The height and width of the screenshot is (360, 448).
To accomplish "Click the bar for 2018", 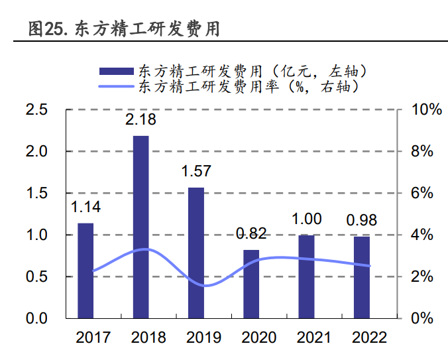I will pyautogui.click(x=141, y=227).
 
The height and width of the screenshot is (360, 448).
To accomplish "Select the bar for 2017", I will pyautogui.click(x=85, y=270).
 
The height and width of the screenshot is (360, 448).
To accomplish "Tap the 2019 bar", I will pyautogui.click(x=196, y=252).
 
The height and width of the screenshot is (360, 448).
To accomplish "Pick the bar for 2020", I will pyautogui.click(x=252, y=284).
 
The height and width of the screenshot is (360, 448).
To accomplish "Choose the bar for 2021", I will pyautogui.click(x=306, y=276).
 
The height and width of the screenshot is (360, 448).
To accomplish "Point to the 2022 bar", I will pyautogui.click(x=361, y=277).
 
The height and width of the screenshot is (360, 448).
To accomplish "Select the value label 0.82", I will pyautogui.click(x=252, y=233).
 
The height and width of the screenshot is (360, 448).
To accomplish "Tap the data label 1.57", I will pyautogui.click(x=196, y=171).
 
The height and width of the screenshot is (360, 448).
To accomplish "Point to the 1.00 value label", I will pyautogui.click(x=306, y=219).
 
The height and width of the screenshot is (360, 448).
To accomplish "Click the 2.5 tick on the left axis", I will pyautogui.click(x=37, y=110).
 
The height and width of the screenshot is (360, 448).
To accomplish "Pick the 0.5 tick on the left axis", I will pyautogui.click(x=37, y=276).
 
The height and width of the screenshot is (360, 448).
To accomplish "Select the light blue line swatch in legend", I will pyautogui.click(x=116, y=86).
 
